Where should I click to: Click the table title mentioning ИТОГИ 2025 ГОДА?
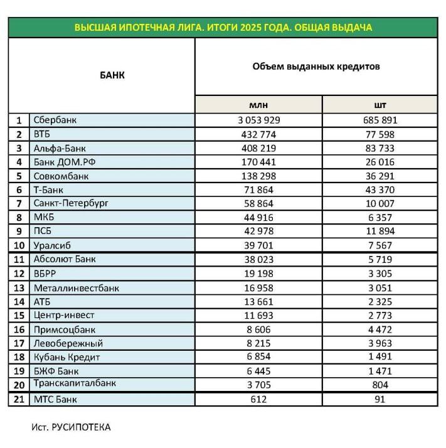point(223,28)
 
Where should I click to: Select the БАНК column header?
point(112,75)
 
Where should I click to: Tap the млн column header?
point(258,105)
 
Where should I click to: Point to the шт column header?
point(380,105)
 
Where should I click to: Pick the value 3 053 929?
point(258,120)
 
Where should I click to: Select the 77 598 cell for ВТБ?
point(380,134)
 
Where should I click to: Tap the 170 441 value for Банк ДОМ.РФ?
point(258,162)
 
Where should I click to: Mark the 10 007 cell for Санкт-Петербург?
point(380,203)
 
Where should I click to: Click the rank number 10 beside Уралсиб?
point(19,245)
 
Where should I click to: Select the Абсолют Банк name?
point(65,259)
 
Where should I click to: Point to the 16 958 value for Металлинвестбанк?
point(258,287)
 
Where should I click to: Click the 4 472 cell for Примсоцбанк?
point(380,329)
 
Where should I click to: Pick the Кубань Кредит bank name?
point(66,357)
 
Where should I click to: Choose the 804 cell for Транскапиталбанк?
point(380,385)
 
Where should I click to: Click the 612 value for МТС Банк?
point(258,399)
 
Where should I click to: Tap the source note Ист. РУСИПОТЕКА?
point(71,427)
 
